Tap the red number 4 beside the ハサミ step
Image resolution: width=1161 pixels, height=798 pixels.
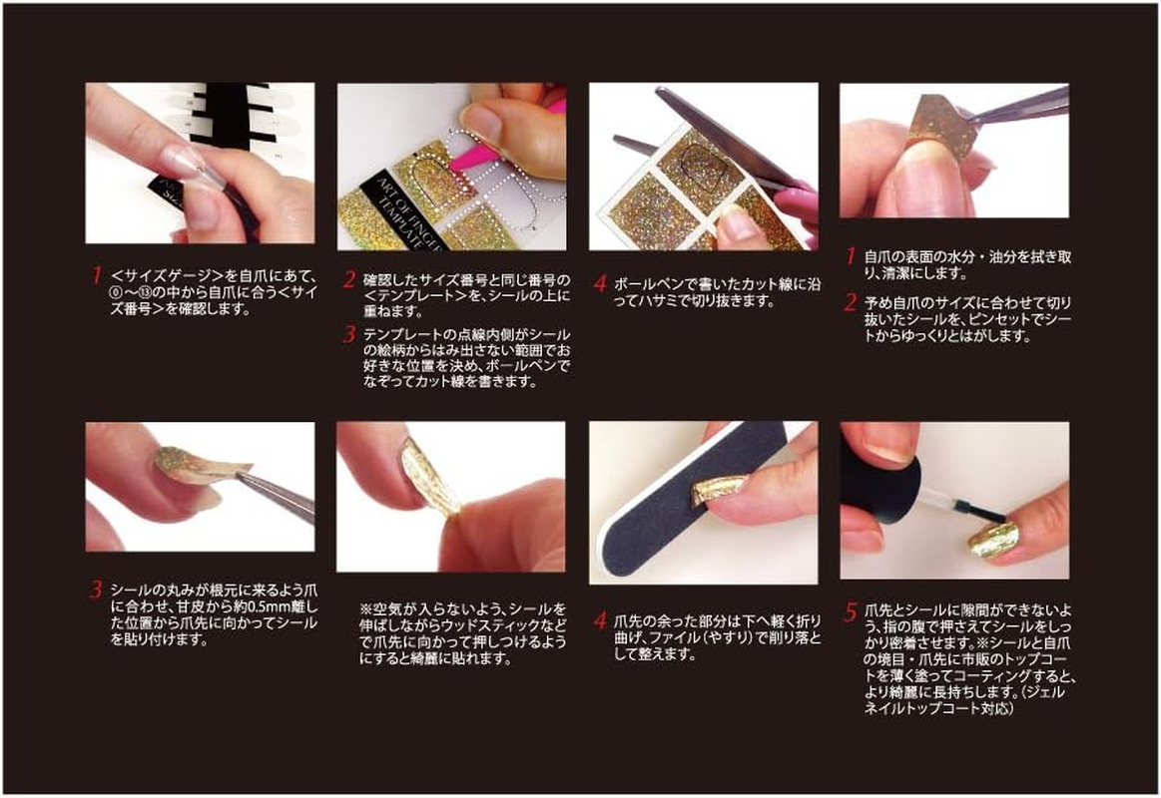point(600,284)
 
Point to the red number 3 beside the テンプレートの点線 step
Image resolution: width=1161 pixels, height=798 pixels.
point(348,331)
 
